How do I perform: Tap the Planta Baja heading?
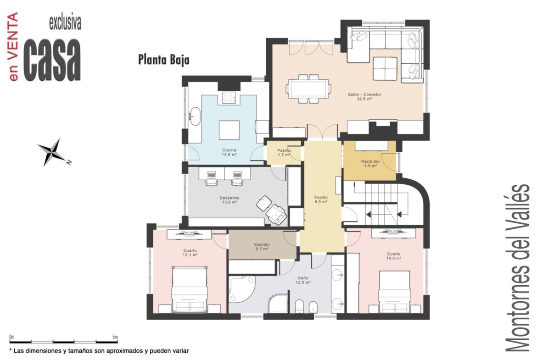tap(164, 60)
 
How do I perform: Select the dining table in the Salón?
tap(308, 89)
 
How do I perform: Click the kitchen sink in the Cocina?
tap(195, 116)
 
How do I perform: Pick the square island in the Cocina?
tap(229, 130)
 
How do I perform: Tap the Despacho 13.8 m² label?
tap(229, 200)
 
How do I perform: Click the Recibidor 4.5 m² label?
tap(370, 164)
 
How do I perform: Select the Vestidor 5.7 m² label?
tap(262, 247)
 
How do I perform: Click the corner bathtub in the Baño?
tap(241, 289)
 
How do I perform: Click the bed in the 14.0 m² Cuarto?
tap(395, 292)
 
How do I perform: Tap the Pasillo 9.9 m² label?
tap(321, 199)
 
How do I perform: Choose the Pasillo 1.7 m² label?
tap(284, 153)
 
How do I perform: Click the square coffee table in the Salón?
tap(385, 69)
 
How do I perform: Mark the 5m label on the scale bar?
tap(115, 337)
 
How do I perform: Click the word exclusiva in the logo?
tap(65, 23)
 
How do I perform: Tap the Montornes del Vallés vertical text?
tap(518, 268)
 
